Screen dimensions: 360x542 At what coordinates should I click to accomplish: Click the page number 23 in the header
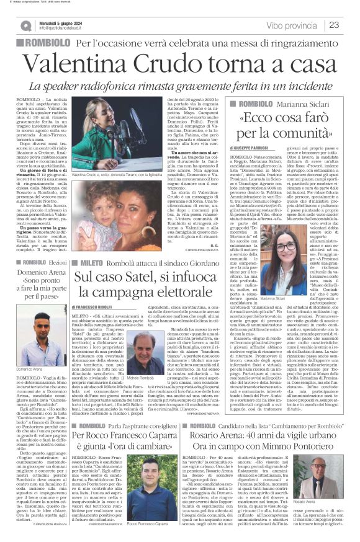pos(349,24)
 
